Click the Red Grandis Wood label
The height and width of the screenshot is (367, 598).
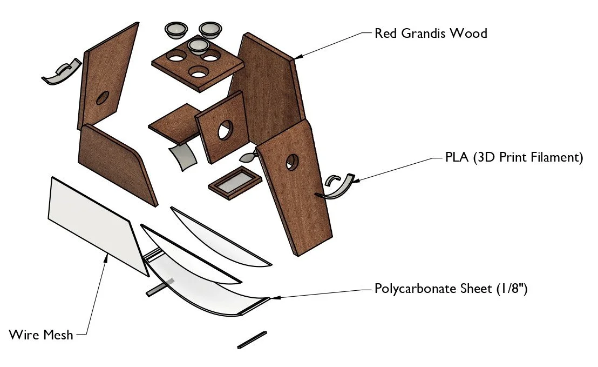[x=431, y=34]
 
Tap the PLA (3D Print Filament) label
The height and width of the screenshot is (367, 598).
[x=514, y=158]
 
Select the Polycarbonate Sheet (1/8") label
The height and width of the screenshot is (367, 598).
[x=451, y=289]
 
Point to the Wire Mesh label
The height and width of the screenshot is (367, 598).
[x=41, y=335]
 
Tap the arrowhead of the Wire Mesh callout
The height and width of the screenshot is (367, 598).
[x=106, y=257]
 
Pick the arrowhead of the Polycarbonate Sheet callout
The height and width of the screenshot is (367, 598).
[x=271, y=297]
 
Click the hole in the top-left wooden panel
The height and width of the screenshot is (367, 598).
[x=102, y=98]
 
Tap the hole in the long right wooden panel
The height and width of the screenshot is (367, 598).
[x=292, y=161]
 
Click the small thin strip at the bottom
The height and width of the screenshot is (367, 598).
[x=252, y=339]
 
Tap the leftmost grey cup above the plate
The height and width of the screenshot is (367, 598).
[x=176, y=30]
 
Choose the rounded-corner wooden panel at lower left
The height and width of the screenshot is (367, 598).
[x=116, y=162]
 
